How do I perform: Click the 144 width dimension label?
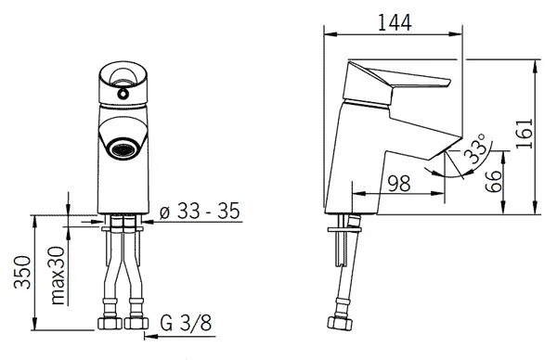[394, 22]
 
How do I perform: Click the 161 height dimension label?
[525, 134]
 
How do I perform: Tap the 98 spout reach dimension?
[398, 183]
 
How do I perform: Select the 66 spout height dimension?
[494, 181]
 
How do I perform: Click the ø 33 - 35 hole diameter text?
[200, 211]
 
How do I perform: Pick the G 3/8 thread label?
[186, 323]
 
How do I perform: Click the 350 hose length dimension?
[22, 272]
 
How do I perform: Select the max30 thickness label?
[58, 276]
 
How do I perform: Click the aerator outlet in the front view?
[123, 148]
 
